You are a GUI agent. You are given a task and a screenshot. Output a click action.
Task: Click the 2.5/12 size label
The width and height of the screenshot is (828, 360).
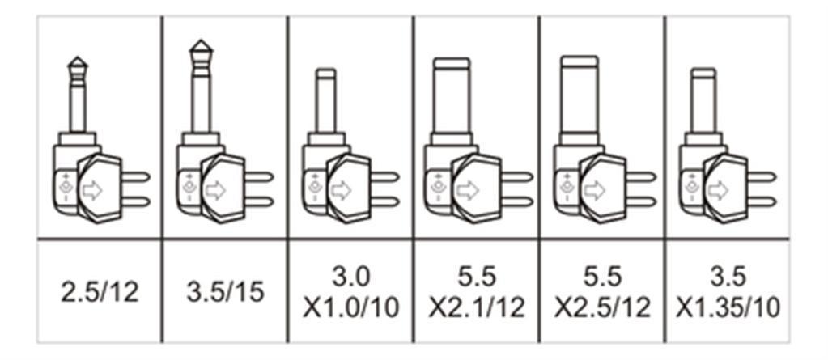pyautogui.click(x=100, y=292)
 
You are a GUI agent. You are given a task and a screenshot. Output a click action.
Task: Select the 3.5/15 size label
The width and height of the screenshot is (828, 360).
pyautogui.click(x=225, y=292)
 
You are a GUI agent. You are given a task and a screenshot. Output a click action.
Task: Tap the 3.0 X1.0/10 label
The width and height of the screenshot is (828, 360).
pyautogui.click(x=350, y=292)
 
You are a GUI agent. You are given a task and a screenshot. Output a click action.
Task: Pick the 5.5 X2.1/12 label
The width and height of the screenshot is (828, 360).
pyautogui.click(x=476, y=292)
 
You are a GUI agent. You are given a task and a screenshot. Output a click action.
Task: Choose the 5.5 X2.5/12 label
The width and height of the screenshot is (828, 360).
pyautogui.click(x=602, y=292)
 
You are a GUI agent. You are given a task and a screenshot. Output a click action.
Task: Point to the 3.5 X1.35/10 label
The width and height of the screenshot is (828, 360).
pyautogui.click(x=728, y=292)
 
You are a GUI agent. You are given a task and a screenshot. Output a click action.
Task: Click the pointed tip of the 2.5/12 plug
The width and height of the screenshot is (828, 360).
pyautogui.click(x=78, y=57)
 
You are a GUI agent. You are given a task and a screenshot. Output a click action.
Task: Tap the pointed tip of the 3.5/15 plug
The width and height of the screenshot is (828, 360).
pyautogui.click(x=202, y=40)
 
